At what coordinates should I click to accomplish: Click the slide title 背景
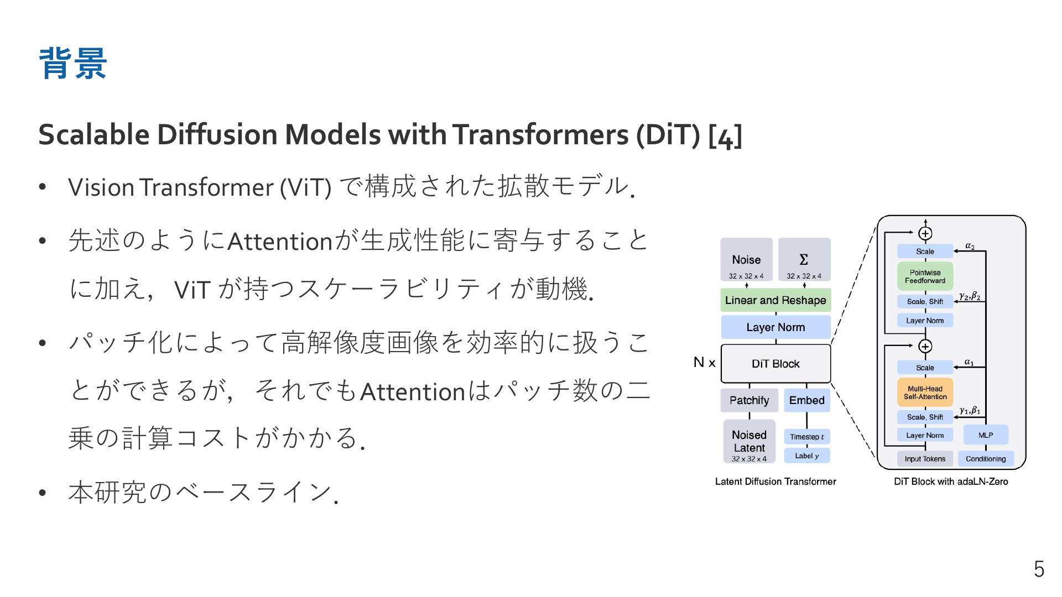[73, 64]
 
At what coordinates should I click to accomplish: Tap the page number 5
[1039, 569]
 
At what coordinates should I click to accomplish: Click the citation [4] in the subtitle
[725, 135]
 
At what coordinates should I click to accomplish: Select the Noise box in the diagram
[746, 259]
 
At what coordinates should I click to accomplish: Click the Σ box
[804, 259]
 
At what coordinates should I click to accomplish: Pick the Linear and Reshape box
[775, 300]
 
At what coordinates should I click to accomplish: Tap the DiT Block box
[775, 364]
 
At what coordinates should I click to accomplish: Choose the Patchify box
[749, 400]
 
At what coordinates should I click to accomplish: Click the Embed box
[806, 400]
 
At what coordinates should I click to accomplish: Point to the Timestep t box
[806, 437]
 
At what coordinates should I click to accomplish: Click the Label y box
[806, 455]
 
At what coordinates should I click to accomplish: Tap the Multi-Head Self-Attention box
[925, 392]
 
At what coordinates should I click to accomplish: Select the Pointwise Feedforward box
[925, 276]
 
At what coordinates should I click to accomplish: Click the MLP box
[986, 435]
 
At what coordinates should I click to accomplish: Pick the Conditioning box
[986, 459]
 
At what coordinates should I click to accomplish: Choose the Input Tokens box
[925, 459]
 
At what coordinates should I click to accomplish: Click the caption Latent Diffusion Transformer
[775, 481]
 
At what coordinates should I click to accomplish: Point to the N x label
[704, 363]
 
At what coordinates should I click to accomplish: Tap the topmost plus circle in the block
[925, 233]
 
